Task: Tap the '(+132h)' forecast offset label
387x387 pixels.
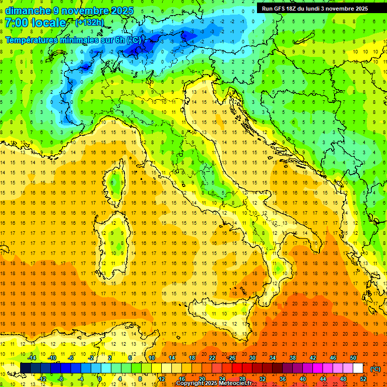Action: pos(90,22)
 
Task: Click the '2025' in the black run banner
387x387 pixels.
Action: pos(359,9)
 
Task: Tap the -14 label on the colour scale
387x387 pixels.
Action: pos(33,358)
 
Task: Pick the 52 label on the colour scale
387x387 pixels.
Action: pos(363,379)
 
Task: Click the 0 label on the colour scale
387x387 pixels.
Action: pos(99,379)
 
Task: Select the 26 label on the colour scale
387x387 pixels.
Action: pos(231,358)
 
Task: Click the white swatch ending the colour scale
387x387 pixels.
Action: pos(358,368)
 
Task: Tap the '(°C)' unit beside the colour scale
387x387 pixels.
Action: pos(375,369)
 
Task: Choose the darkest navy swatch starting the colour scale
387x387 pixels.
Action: pos(25,368)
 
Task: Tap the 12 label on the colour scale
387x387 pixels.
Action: pos(162,379)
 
